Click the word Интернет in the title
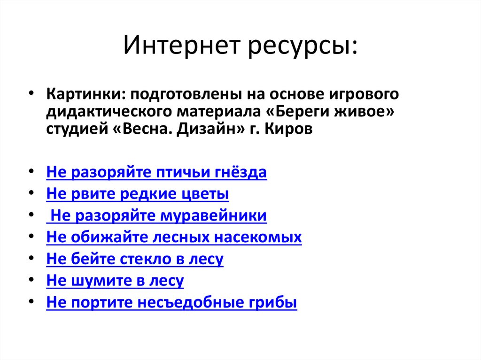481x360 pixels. [180, 47]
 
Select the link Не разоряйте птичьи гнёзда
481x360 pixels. [156, 172]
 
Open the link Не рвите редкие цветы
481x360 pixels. [138, 194]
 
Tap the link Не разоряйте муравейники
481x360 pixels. [158, 215]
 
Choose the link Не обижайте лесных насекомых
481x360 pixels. [174, 237]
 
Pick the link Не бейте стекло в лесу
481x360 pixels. [135, 259]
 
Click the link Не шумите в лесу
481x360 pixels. [115, 281]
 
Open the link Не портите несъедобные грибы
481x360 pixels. [171, 302]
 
